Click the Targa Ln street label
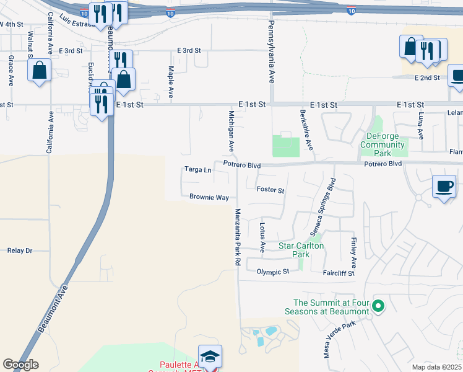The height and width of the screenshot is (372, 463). pos(198,169)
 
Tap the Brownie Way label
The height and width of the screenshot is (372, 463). pos(209,198)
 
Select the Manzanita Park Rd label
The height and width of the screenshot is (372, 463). pos(237,237)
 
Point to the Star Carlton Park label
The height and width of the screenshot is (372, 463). pos(301,250)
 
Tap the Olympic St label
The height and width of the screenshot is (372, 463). pos(273,272)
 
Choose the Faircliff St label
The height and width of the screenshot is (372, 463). pos(338,273)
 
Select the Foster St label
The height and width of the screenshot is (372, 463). pos(270,190)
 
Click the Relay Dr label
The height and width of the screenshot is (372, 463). pos(19,250)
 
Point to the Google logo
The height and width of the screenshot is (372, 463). pos(20,365)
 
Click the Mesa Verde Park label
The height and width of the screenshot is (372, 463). pos(340,340)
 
